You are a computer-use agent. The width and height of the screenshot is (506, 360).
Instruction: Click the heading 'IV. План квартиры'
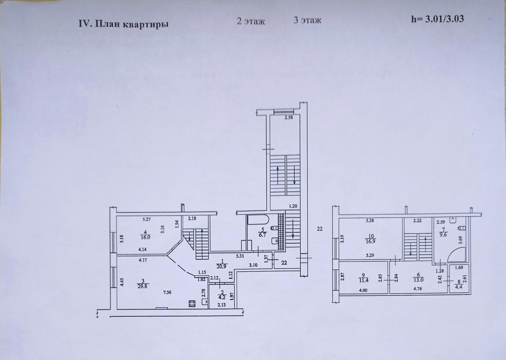point(124,24)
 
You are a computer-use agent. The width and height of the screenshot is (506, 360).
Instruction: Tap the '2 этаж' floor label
point(251,21)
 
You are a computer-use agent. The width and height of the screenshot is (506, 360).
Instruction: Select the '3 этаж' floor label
point(307,20)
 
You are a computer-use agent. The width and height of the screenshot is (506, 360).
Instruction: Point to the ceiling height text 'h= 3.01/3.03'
point(437,19)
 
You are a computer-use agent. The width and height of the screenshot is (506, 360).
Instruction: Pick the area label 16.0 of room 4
point(145,237)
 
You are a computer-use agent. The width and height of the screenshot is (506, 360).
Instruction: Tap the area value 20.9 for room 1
point(221,266)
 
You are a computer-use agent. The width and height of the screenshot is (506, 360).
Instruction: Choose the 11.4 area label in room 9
point(363,280)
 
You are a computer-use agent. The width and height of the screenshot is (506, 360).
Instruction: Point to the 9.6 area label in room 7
point(443,235)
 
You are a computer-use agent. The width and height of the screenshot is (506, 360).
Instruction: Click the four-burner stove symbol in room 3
point(192,304)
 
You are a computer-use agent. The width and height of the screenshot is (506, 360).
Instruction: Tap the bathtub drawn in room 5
point(258,220)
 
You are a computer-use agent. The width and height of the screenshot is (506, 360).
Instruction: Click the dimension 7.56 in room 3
point(167,292)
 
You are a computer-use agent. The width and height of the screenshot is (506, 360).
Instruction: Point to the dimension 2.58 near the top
point(289,118)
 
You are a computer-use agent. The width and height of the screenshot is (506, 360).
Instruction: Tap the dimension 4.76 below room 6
point(418,289)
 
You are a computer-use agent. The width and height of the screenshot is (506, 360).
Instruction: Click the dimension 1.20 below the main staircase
point(293,206)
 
